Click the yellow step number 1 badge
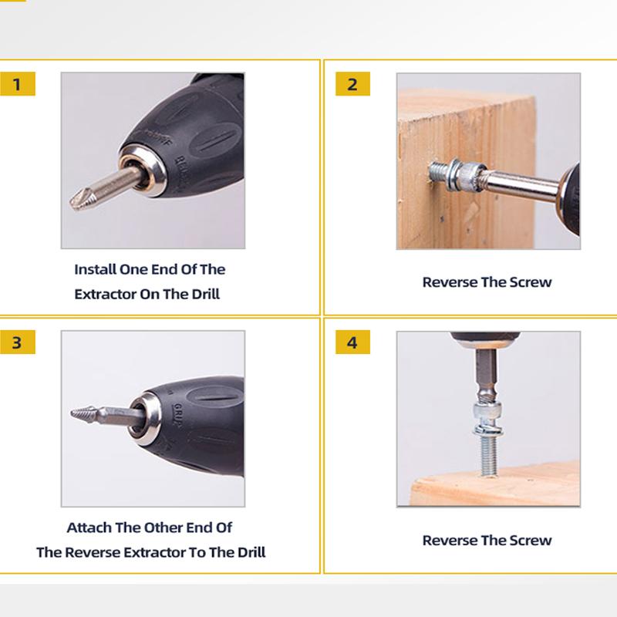coord(18,84)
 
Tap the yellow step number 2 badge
coord(352,84)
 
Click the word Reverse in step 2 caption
coord(449,282)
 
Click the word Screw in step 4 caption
coord(530,540)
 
